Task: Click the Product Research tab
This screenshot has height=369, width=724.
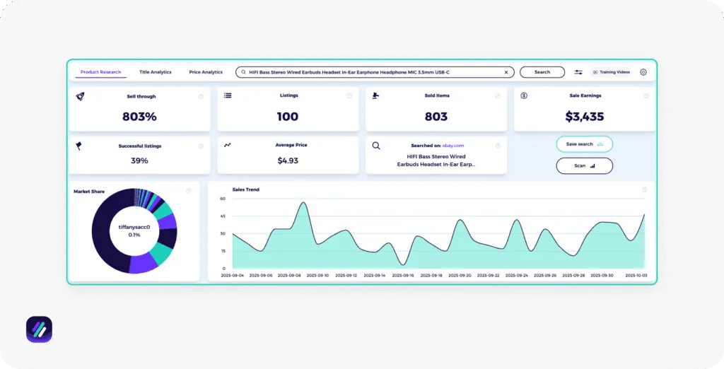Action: [100, 72]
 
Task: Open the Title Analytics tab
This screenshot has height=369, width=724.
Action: [156, 72]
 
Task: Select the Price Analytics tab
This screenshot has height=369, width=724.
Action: [206, 72]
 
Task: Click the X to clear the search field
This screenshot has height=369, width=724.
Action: [506, 72]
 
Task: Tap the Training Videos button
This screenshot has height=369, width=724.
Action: [612, 72]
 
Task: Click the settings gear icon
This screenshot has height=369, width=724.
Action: [643, 72]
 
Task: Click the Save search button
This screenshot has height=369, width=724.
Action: [584, 144]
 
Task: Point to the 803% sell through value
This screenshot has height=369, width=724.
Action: [139, 117]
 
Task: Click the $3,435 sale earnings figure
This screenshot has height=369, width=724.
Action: [584, 117]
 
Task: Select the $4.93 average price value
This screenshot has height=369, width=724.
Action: [288, 160]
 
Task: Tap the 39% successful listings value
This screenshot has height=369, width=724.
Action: [139, 160]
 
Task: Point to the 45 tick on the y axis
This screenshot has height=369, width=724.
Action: [223, 216]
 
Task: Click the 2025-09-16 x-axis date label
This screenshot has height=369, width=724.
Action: [403, 276]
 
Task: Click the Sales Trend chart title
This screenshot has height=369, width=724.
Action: [245, 189]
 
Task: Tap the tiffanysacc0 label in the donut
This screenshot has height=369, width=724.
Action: [134, 228]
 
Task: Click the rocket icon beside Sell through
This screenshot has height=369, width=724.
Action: [80, 95]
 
